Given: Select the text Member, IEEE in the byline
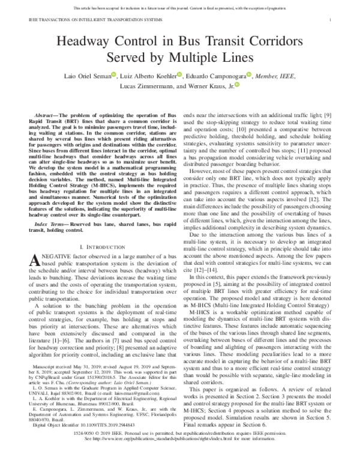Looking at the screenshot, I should [278, 76].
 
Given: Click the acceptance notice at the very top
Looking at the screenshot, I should [180, 7].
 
